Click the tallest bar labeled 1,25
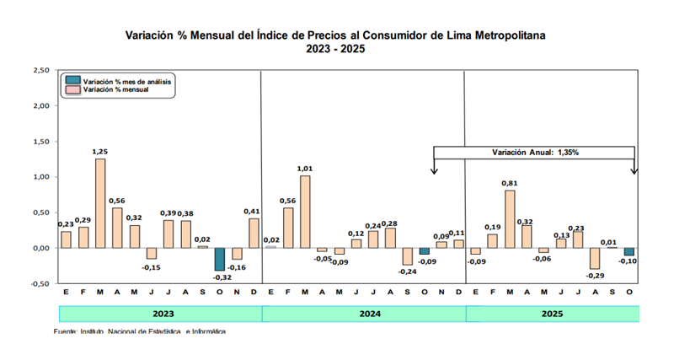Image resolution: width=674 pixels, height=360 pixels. [100, 203]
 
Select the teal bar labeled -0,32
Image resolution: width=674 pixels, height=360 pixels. [219, 259]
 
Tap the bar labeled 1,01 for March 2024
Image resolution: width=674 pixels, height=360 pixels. [304, 212]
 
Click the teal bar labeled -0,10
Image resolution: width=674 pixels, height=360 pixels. [628, 251]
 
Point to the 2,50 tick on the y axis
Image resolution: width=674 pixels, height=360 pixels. [39, 71]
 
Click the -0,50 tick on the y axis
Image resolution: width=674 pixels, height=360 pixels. [38, 284]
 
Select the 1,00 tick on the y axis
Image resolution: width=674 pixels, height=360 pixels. [39, 177]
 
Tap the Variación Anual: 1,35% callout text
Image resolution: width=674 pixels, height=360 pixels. [535, 153]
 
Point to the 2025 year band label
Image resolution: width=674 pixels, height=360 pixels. [551, 314]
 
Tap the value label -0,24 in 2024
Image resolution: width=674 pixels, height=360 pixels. [407, 271]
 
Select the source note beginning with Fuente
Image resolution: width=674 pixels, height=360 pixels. [139, 331]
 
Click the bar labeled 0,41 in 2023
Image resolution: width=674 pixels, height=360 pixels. [254, 234]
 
